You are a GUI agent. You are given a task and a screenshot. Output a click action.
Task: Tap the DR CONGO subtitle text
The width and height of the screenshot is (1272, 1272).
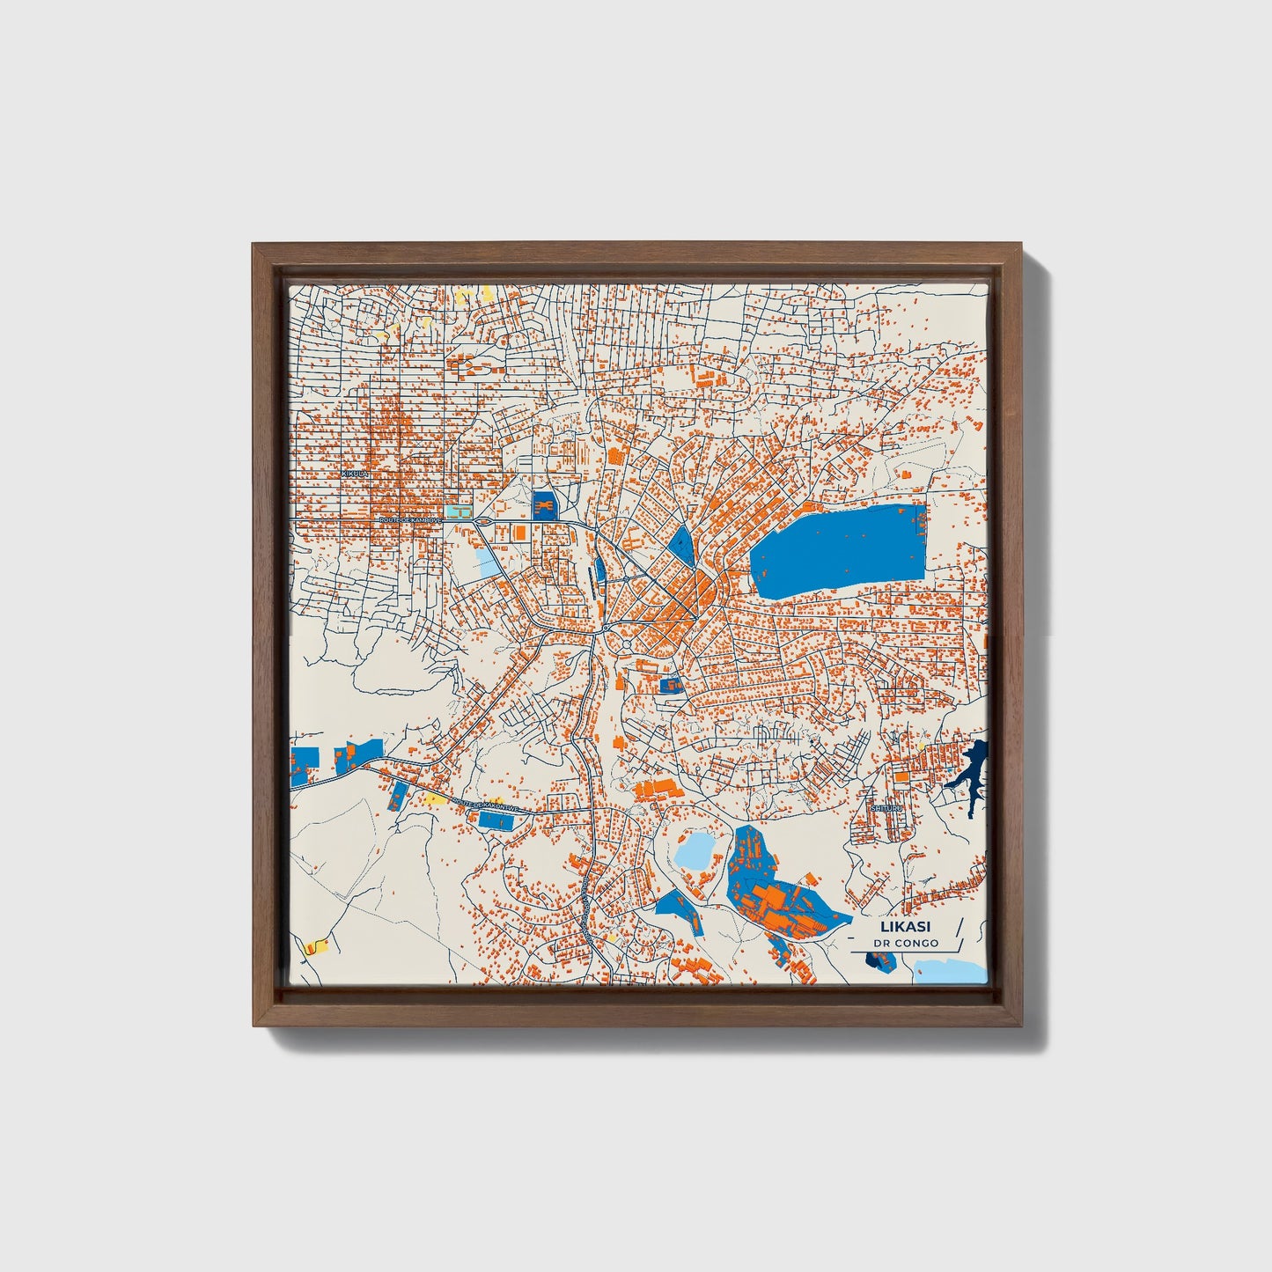(x=906, y=944)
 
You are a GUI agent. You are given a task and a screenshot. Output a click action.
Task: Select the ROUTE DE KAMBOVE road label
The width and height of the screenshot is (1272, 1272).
(x=409, y=520)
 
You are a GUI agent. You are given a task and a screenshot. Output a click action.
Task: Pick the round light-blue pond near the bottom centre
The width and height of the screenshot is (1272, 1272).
(x=696, y=851)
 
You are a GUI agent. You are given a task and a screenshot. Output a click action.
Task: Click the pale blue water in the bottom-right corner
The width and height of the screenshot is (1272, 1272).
(x=951, y=972)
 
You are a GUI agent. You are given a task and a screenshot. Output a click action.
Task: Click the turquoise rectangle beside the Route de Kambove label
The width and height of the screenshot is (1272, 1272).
(x=458, y=511)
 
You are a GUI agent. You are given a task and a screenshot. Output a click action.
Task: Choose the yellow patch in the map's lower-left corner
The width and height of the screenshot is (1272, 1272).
(x=314, y=948)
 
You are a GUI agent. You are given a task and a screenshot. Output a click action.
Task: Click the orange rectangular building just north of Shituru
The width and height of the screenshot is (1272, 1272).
(x=902, y=777)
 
